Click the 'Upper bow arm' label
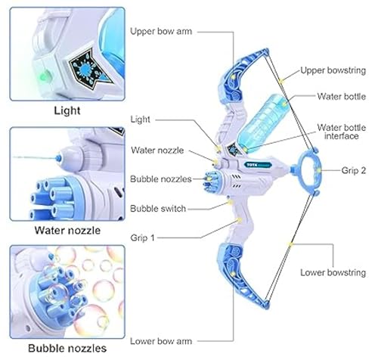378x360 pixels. coord(161,32)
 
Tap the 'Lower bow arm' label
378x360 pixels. coord(161,341)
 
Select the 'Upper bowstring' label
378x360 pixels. coord(333,70)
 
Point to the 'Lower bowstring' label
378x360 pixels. coord(333,272)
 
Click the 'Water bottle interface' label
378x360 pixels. coord(341,132)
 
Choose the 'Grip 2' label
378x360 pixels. coord(354,170)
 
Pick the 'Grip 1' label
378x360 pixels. coord(142,237)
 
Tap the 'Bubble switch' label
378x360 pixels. coord(158,209)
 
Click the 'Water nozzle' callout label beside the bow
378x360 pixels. coord(157,151)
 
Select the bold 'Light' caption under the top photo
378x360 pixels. coord(67,110)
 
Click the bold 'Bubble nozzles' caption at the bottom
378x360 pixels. coord(67,348)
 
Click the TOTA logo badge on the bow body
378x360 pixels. coord(258,165)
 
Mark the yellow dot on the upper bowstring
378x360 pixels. coord(282,81)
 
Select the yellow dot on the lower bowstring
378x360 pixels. coord(290,244)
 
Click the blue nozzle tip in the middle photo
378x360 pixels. coord(58,158)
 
